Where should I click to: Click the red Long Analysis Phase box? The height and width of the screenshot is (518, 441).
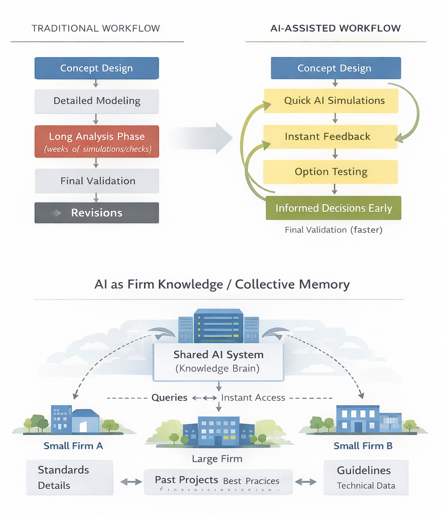pos(97,141)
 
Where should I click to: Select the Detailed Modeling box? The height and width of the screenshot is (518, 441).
pos(97,101)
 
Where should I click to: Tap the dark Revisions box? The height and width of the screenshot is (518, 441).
pos(97,213)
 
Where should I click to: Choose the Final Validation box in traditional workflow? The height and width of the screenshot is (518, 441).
pos(97,181)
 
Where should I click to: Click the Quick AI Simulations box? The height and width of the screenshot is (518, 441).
pos(334,100)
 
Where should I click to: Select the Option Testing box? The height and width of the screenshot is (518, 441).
pos(331,172)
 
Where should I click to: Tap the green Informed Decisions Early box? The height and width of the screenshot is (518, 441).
pos(333,208)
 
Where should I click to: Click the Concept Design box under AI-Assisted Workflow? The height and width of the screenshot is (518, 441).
pos(335,68)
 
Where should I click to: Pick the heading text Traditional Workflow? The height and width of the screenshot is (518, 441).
pos(96,28)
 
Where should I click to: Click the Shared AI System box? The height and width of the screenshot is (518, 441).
pos(218,362)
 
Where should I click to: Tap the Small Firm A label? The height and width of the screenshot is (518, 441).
pos(73,445)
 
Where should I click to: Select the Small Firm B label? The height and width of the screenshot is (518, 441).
pos(363,446)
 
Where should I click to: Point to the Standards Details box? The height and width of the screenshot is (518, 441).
pos(70,477)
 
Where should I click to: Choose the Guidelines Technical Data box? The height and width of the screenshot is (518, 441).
pos(366,477)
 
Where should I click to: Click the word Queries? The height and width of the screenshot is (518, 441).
pos(169,398)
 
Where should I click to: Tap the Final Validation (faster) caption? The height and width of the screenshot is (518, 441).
pos(333,230)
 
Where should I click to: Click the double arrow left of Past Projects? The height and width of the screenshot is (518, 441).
pos(131,482)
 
